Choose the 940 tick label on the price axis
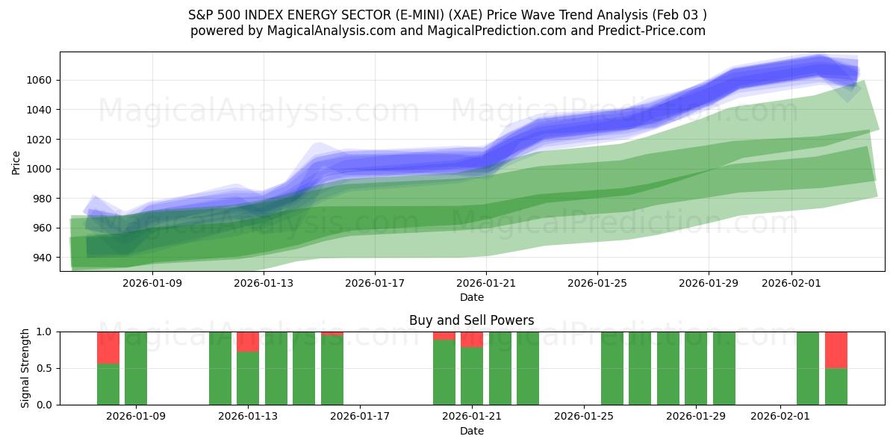click(x=42, y=258)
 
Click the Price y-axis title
click(x=16, y=161)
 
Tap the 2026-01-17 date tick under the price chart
click(x=375, y=284)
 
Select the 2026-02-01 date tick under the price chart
click(x=791, y=284)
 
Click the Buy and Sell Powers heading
click(x=471, y=320)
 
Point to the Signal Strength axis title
click(x=25, y=368)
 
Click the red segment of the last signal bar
click(x=836, y=349)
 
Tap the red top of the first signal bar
click(x=108, y=348)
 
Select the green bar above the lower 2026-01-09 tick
click(x=136, y=368)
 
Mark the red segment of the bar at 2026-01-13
click(x=248, y=342)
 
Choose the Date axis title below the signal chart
click(x=471, y=431)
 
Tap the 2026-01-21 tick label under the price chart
click(x=486, y=284)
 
